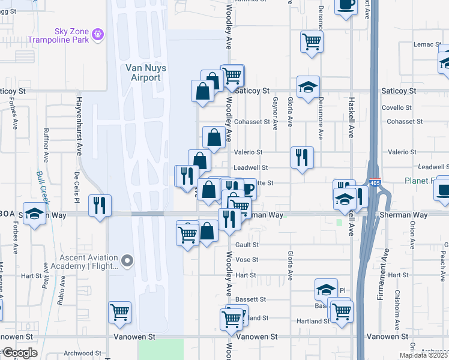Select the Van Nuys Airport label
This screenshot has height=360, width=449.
[x=143, y=73]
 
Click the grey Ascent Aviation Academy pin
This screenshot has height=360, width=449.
[x=127, y=260]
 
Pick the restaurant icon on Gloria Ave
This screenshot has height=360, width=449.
[x=301, y=157]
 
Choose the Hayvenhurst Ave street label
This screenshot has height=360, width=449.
[x=79, y=126]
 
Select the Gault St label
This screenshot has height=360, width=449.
[x=247, y=244]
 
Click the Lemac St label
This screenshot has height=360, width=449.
[x=427, y=45]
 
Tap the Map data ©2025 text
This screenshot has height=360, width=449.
[x=424, y=355]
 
